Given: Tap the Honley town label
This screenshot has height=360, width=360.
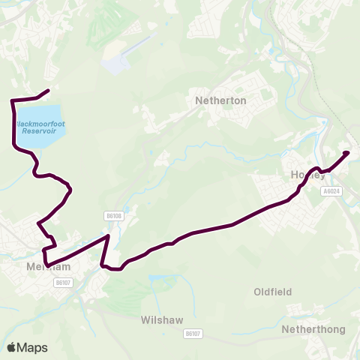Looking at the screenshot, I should point(307,175).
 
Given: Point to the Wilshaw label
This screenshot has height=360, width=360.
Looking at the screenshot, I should point(161,319).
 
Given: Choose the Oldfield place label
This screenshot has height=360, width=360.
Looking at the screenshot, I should point(272,292).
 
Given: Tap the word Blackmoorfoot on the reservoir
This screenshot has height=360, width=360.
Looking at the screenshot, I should point(38,123).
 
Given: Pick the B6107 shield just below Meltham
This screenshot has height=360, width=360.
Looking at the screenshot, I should point(63,283).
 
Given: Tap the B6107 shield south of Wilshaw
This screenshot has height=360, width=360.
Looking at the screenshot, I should point(193,333).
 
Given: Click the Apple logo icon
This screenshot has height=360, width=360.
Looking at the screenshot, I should point(12,347).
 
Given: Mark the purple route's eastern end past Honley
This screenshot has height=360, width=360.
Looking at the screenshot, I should point(346,154).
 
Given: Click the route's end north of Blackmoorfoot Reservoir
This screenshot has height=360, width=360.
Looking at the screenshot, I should point(48,91).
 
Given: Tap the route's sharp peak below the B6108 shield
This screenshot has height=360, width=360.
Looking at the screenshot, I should point(108,236).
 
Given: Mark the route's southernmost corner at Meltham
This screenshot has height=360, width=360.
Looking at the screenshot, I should point(47,265).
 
